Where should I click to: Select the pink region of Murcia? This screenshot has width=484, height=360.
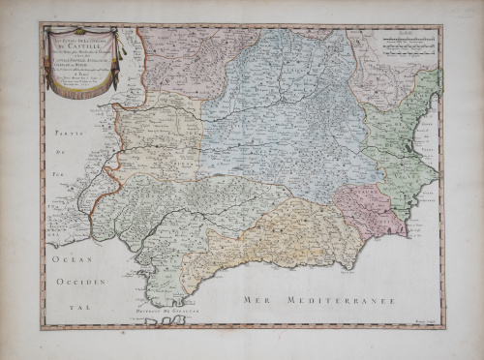[368, 208]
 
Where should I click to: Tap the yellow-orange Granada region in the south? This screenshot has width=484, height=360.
[281, 242]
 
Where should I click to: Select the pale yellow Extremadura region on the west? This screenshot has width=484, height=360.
[160, 145]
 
